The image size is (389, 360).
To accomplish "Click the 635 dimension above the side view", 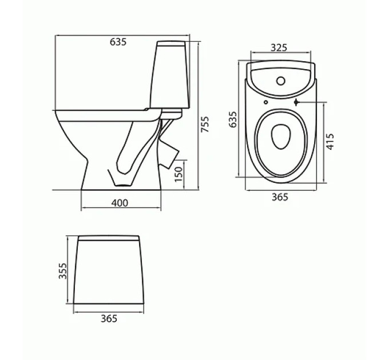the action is point(118,42).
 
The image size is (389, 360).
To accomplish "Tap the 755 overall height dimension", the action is point(205,124).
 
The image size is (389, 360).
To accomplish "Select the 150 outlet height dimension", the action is point(178,174).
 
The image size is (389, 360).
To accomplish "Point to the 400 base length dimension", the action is point(120,203).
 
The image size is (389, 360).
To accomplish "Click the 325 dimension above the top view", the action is point(279,47).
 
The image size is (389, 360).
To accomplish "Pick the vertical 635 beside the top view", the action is point(233,119).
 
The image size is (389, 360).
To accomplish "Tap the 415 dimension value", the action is point(330,142).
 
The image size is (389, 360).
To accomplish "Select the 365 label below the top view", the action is point(280,197).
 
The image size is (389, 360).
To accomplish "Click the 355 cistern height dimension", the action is point(62,271).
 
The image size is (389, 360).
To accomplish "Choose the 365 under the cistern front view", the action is point(109,318).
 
